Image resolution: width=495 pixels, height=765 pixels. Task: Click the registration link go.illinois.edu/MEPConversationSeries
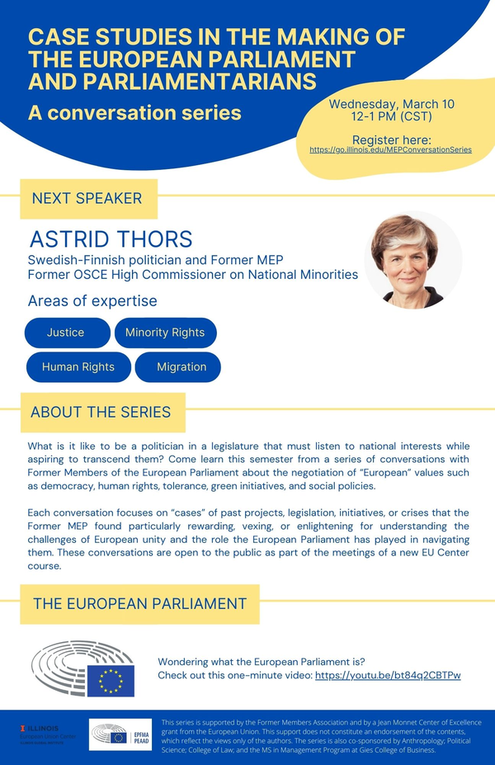pos(390,150)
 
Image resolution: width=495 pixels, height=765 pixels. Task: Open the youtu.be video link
pos(388,675)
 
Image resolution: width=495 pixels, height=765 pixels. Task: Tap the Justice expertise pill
pos(66,333)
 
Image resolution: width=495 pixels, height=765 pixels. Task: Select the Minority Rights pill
pos(165,333)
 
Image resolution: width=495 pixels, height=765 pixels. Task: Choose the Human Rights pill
pos(78,366)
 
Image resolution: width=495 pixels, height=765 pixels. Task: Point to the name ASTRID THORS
pos(111,239)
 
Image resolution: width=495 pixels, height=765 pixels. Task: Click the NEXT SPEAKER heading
pos(87,199)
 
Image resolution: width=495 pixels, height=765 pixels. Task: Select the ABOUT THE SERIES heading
pos(101,412)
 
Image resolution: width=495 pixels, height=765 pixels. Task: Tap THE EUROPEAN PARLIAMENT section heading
pos(139,604)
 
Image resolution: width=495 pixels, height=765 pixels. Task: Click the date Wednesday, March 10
pos(391,105)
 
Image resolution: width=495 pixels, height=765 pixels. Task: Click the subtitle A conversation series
pos(134,112)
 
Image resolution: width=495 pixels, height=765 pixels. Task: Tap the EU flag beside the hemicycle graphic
pos(111,681)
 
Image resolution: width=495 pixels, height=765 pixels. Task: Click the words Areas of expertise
pos(92,301)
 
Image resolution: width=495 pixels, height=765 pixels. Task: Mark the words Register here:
pos(391,139)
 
